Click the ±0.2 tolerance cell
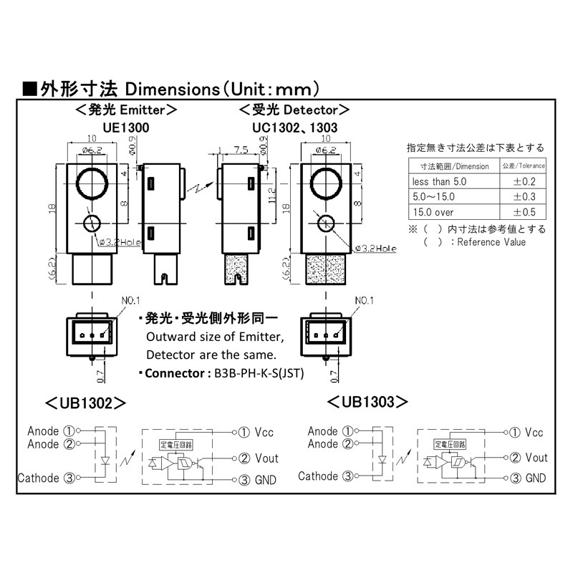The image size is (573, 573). [x=524, y=182]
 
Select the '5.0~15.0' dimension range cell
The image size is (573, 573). [x=433, y=197]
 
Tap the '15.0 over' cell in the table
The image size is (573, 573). [x=433, y=212]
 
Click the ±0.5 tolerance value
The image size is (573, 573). [x=524, y=212]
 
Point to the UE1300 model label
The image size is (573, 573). [x=126, y=128]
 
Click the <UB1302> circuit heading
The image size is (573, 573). [x=85, y=403]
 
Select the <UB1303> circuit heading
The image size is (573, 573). [x=367, y=402]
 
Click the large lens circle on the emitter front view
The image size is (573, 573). [x=92, y=183]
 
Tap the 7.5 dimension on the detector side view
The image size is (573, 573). [x=241, y=150]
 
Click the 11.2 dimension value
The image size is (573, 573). [x=272, y=196]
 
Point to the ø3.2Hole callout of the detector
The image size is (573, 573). [x=376, y=249]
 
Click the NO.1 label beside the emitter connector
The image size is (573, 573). [x=131, y=301]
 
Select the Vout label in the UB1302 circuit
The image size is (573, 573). [x=266, y=458]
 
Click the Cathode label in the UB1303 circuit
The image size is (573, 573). [x=318, y=476]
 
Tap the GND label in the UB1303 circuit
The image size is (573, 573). [x=535, y=478]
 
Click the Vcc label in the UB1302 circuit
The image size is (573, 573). [x=264, y=433]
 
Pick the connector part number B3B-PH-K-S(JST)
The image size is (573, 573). [x=259, y=373]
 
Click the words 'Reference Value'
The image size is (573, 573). [x=491, y=242]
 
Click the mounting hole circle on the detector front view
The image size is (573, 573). [x=326, y=223]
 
